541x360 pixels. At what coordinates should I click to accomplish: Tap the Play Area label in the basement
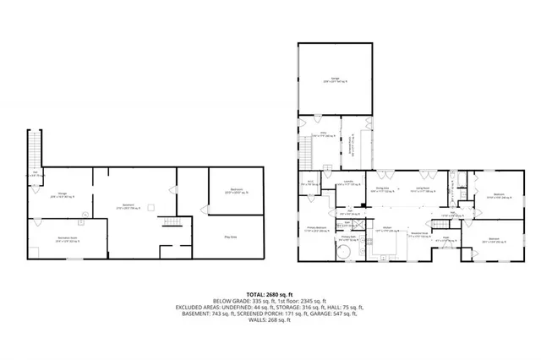[229, 237]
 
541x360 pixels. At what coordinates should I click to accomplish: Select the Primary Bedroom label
[316, 230]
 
